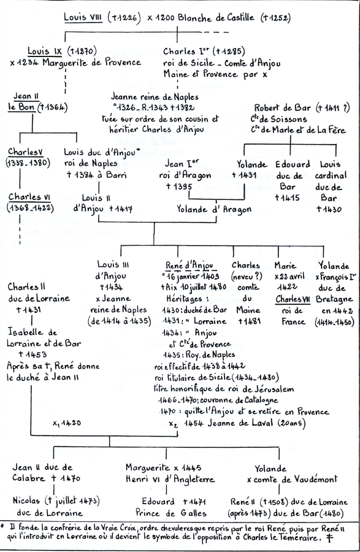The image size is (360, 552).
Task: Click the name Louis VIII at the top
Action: tap(83, 17)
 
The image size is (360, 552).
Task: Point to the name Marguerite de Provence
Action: tap(91, 63)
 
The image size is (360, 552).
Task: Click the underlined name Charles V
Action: tap(26, 151)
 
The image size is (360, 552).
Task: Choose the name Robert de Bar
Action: tap(283, 108)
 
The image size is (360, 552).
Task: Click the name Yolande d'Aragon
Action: tap(214, 210)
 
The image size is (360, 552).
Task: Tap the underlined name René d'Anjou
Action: tap(190, 265)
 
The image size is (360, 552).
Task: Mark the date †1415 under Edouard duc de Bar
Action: tap(287, 198)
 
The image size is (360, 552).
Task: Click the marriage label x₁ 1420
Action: tap(66, 423)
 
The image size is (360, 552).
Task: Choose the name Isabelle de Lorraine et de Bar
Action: tap(44, 337)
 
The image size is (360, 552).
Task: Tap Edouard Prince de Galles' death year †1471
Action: tap(194, 501)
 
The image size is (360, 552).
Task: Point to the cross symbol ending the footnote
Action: tap(330, 538)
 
